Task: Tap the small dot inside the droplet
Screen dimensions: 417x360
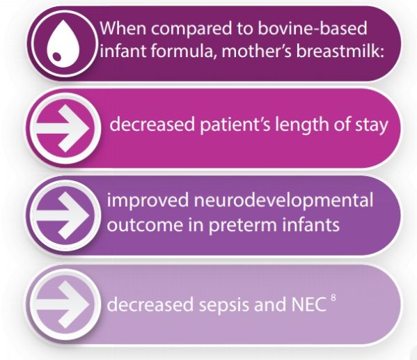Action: coord(56,56)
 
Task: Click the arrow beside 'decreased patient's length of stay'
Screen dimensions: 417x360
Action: coord(63,128)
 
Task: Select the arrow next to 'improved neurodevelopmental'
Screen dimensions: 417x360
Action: coord(63,215)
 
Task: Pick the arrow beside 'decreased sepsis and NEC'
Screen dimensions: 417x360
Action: coord(63,304)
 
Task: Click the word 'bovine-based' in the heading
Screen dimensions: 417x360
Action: coord(312,28)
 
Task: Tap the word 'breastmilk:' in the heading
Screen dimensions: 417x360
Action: coord(340,50)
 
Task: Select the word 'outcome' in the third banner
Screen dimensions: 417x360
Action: coord(145,225)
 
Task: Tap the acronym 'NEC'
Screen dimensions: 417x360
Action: coord(309,304)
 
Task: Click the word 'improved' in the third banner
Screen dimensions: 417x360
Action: coord(148,201)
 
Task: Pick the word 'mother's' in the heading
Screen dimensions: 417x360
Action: coord(257,50)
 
